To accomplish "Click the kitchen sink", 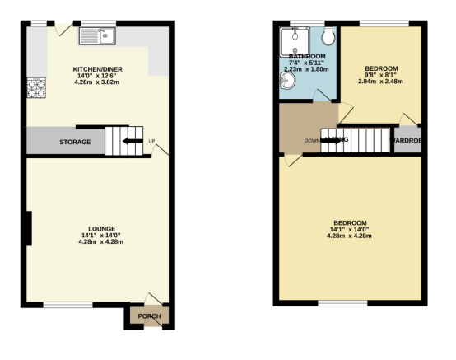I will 98,35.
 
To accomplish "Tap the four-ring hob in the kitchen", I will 37,86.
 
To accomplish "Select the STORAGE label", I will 75,143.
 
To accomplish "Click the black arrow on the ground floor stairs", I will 130,141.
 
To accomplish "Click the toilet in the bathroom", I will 328,37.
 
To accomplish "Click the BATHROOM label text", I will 306,57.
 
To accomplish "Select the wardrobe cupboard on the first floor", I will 407,139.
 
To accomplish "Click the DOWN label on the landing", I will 312,140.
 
